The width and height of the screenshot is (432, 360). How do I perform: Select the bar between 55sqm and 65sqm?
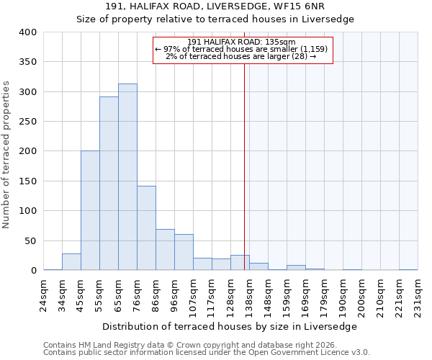point(109,184)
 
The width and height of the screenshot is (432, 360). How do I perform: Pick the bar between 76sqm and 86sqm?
point(146,228)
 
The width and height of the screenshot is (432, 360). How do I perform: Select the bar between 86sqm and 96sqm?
point(165,250)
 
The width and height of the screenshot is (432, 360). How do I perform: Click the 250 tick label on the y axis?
point(27,122)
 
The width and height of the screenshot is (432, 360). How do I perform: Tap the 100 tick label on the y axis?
point(27,211)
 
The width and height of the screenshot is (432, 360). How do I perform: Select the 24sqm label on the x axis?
point(43,294)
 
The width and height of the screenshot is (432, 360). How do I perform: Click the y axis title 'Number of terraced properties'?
point(6,154)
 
